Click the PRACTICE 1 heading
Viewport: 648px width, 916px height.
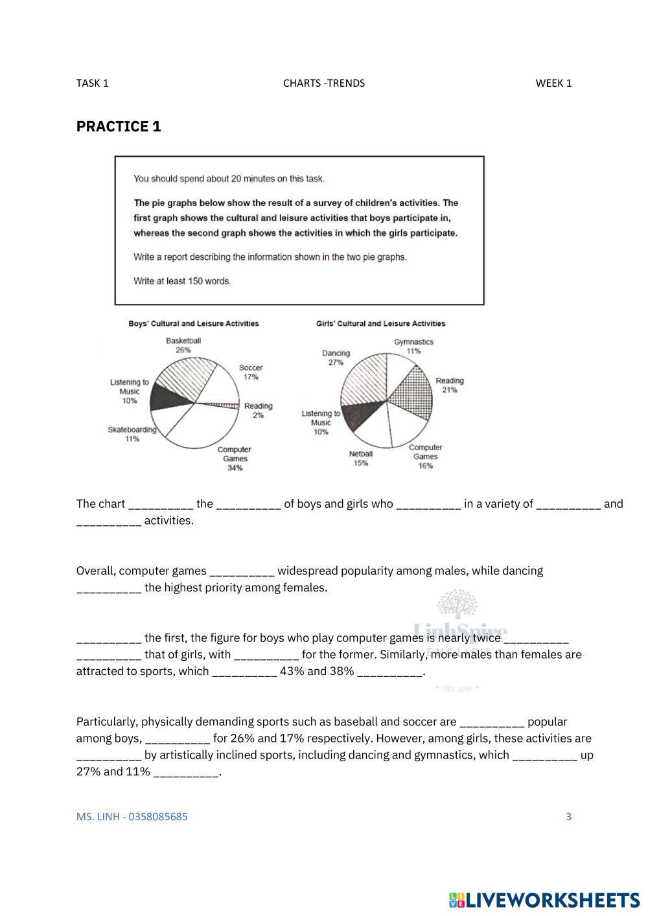pyautogui.click(x=119, y=126)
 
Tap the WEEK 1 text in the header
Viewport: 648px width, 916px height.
pyautogui.click(x=553, y=83)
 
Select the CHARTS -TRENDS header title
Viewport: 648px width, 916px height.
pyautogui.click(x=324, y=83)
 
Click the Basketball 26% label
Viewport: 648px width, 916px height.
pyautogui.click(x=183, y=345)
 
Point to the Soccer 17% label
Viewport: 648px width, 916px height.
pyautogui.click(x=251, y=372)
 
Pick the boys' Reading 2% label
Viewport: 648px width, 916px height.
pyautogui.click(x=258, y=411)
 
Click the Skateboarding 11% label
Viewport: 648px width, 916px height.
pyautogui.click(x=132, y=434)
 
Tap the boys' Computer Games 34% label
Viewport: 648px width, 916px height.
pyautogui.click(x=234, y=459)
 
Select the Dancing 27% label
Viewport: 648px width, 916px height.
pyautogui.click(x=336, y=358)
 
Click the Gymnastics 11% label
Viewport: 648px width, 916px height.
pyautogui.click(x=413, y=346)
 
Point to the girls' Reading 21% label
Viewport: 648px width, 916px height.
pyautogui.click(x=450, y=385)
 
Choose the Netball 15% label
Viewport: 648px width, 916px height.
pyautogui.click(x=361, y=459)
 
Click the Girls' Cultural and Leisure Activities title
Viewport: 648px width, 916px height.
pyautogui.click(x=380, y=323)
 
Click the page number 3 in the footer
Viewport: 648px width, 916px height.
pyautogui.click(x=569, y=816)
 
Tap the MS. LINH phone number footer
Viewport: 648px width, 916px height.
pyautogui.click(x=132, y=816)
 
